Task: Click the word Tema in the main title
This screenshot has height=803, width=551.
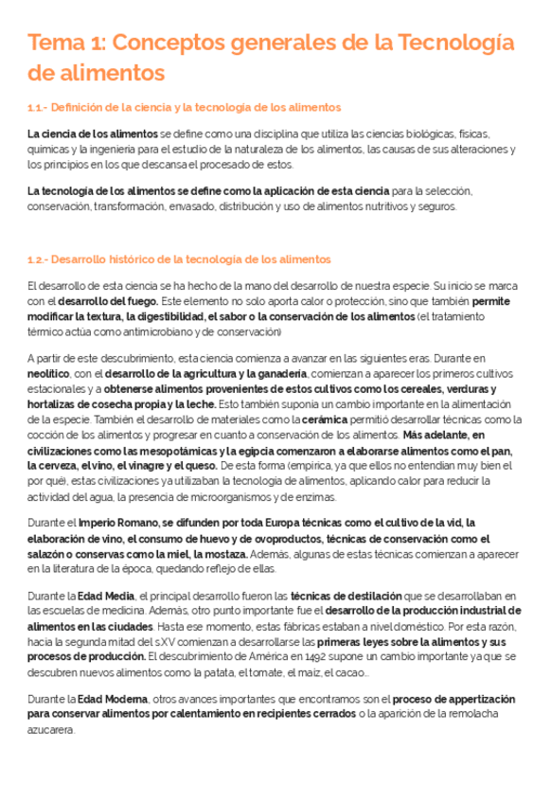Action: pyautogui.click(x=57, y=43)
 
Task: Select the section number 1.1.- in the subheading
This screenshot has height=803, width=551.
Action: pyautogui.click(x=44, y=107)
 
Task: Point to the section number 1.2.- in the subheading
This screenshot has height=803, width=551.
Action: pyautogui.click(x=44, y=259)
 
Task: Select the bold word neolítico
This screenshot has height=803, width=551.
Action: pyautogui.click(x=48, y=375)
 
